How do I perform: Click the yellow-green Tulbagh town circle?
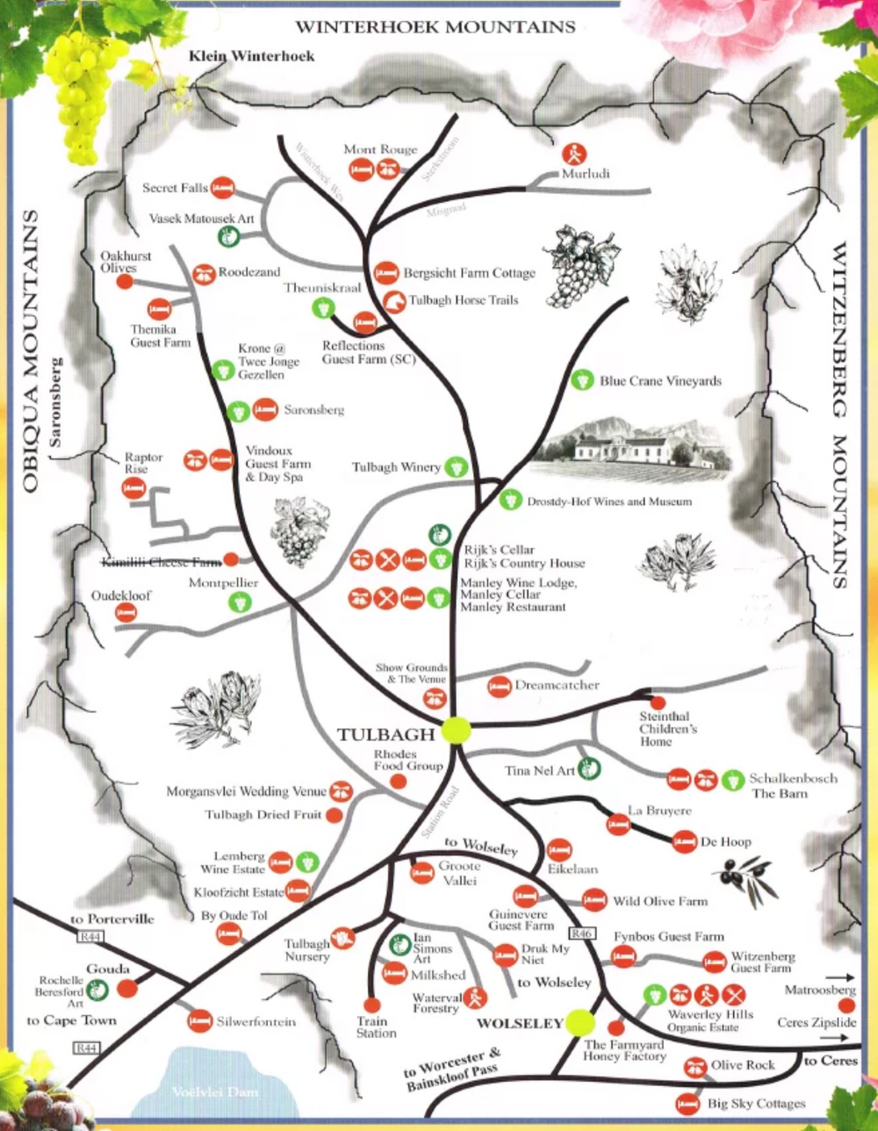pyautogui.click(x=457, y=731)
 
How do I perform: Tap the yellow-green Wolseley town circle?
pyautogui.click(x=579, y=1022)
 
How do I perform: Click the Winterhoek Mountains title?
pyautogui.click(x=435, y=26)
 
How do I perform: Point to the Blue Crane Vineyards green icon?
pyautogui.click(x=580, y=381)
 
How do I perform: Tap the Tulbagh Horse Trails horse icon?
pyautogui.click(x=394, y=300)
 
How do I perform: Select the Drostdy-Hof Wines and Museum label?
pyautogui.click(x=609, y=501)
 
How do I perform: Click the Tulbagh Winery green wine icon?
pyautogui.click(x=456, y=467)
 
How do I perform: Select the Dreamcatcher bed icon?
pyautogui.click(x=499, y=686)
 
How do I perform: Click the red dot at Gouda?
pyautogui.click(x=128, y=989)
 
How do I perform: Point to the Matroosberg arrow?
pyautogui.click(x=840, y=976)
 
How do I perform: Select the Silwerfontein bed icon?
pyautogui.click(x=200, y=1020)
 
